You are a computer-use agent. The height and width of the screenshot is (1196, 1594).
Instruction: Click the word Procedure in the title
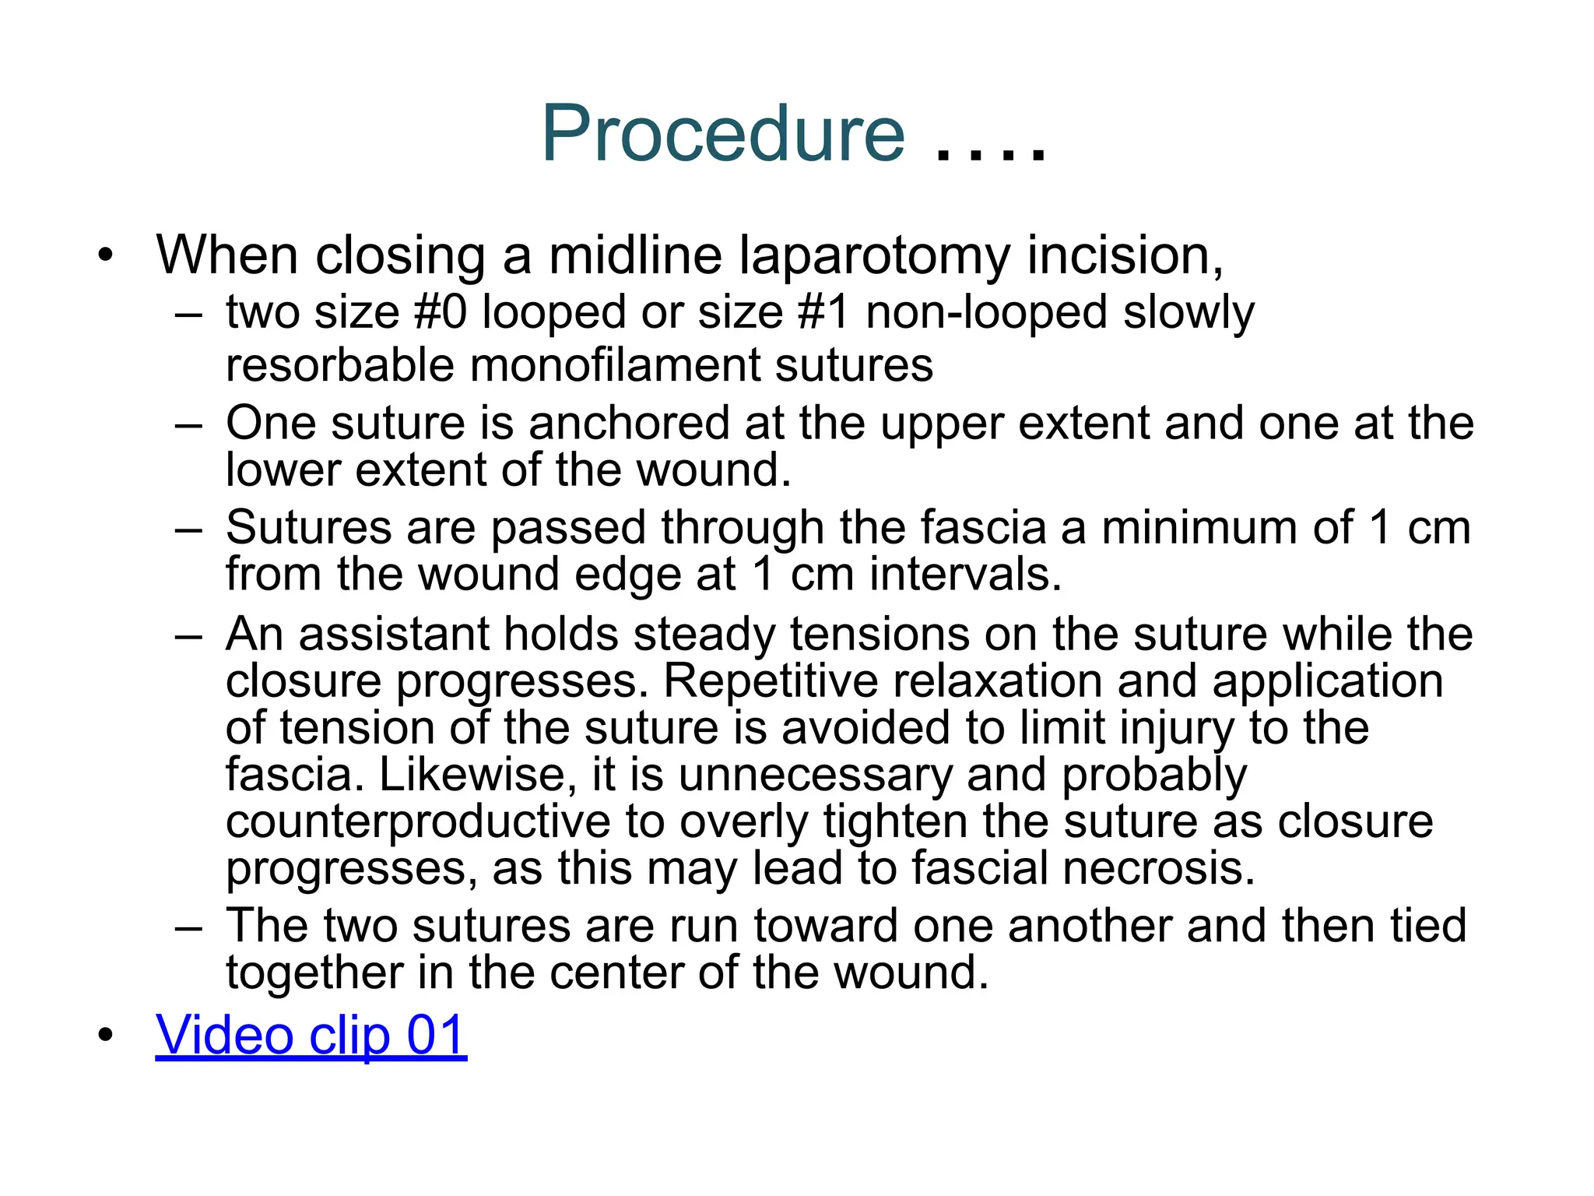(723, 134)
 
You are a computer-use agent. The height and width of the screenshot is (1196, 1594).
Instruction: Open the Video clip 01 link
(311, 1035)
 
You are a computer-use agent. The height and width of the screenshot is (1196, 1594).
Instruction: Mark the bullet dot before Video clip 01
(106, 1036)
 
